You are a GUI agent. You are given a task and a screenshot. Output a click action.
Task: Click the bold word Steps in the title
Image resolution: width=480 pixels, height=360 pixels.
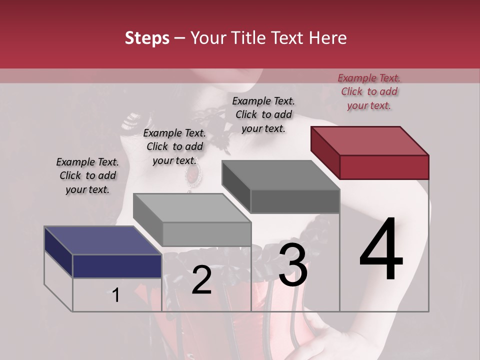coord(147,38)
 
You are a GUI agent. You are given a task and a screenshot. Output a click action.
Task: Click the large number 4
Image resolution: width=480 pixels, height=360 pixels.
coord(381,249)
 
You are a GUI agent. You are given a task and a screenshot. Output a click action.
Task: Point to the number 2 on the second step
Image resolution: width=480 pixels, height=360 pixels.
coord(201,280)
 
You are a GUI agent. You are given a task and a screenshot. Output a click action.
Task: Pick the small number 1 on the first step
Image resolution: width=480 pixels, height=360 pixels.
coord(116,295)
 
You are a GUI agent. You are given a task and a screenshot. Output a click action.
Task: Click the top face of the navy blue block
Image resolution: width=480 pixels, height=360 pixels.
coord(102,240)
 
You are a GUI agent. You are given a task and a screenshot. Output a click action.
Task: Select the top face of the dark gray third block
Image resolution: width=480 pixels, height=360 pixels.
coord(280,175)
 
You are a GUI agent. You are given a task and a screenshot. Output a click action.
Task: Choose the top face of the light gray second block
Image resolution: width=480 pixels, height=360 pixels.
coord(191,207)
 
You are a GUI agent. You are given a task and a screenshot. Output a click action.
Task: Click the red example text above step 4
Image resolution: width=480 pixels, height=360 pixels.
coord(369,91)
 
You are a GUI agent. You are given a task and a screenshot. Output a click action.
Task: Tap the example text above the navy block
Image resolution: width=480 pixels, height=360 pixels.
coord(87,175)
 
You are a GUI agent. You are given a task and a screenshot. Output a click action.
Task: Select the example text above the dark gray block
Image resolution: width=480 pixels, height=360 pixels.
coord(263,114)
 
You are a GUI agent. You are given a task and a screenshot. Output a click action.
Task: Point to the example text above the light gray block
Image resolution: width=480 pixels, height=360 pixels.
coord(174,146)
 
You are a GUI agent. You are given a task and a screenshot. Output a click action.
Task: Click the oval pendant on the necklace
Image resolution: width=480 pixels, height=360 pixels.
coord(191,174)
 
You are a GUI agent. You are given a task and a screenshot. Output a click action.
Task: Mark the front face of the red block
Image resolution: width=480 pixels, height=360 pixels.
coord(384,167)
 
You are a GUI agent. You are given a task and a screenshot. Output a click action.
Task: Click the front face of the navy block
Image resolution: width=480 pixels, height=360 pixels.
coord(117,266)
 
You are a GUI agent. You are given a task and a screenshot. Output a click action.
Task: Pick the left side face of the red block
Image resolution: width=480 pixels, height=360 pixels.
coord(325,150)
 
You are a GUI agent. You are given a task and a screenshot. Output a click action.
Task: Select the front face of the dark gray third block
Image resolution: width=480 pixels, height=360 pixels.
coord(295,201)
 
